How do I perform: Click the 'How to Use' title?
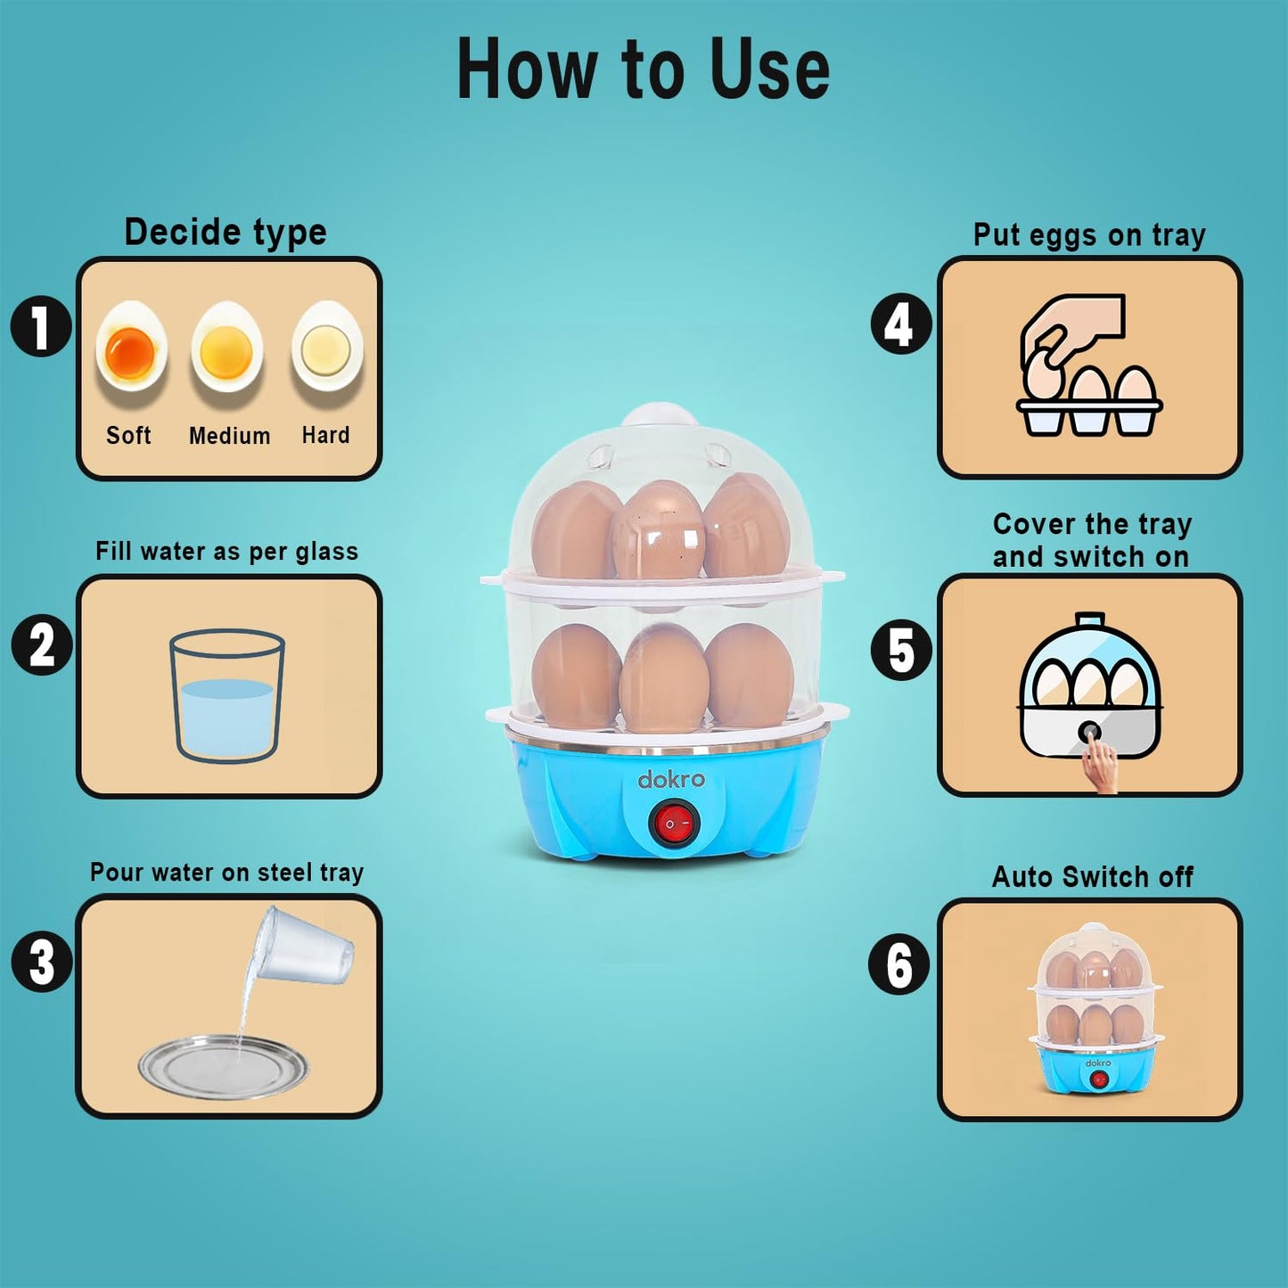[x=643, y=69]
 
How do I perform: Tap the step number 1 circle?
[x=41, y=326]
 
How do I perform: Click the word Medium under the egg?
[x=229, y=436]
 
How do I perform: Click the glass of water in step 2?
[x=226, y=696]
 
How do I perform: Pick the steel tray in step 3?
[x=224, y=1068]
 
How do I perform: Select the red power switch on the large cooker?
[x=669, y=824]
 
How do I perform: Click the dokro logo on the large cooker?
[x=671, y=779]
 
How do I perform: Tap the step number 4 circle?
[x=901, y=324]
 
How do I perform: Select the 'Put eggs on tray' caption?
[x=1089, y=234]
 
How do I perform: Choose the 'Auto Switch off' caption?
[x=1092, y=876]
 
